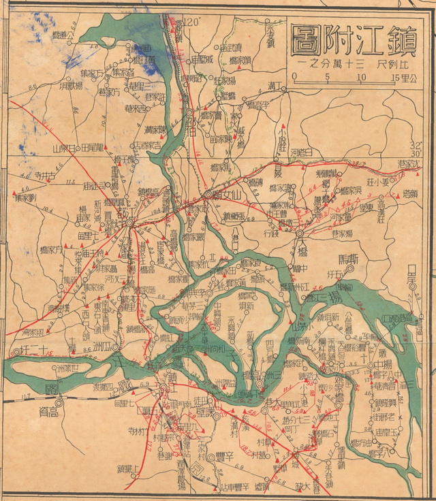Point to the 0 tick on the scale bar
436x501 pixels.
point(294,77)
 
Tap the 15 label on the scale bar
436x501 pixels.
point(396,77)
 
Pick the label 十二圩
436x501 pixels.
point(31,351)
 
